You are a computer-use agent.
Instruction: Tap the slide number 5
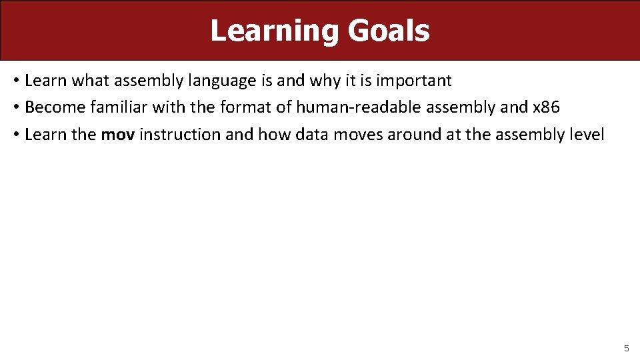pyautogui.click(x=626, y=348)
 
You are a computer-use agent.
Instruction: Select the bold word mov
pyautogui.click(x=118, y=135)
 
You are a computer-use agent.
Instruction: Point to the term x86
pyautogui.click(x=547, y=108)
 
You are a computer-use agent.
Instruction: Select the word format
pyautogui.click(x=249, y=108)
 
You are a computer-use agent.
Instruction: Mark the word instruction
pyautogui.click(x=179, y=135)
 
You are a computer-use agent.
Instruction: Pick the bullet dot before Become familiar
pyautogui.click(x=15, y=108)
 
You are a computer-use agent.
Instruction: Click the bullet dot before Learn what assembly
pyautogui.click(x=15, y=81)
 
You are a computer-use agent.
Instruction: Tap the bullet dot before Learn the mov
pyautogui.click(x=15, y=135)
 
